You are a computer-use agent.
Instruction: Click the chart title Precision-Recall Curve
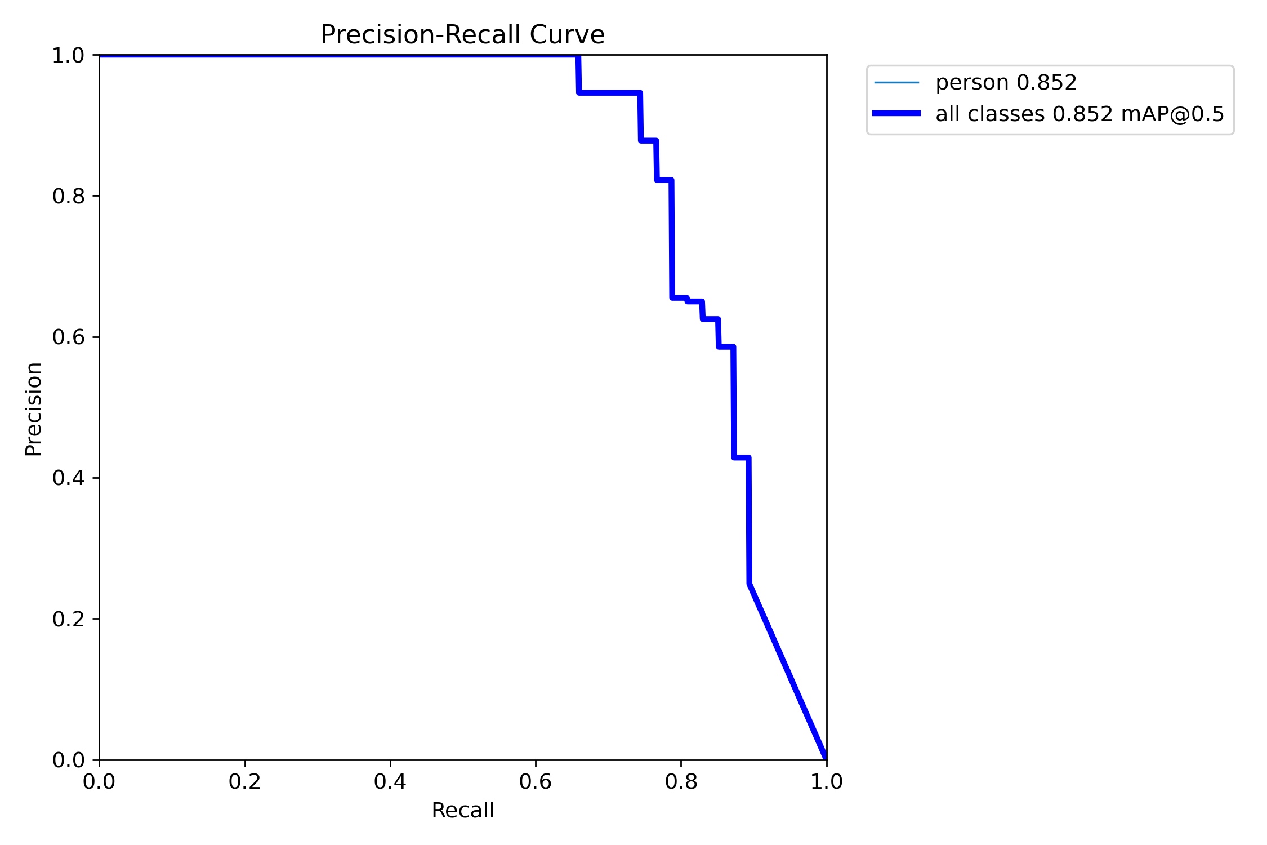coord(462,35)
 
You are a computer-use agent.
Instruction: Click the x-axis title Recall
coord(462,810)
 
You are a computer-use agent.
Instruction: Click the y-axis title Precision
coord(33,409)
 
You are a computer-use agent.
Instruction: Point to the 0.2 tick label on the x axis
coord(244,781)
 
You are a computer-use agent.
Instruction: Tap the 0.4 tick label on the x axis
coord(390,781)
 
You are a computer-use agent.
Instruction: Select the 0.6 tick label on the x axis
coord(536,781)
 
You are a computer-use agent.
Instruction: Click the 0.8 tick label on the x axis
coord(681,781)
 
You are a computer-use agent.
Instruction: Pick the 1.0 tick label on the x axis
coord(826,781)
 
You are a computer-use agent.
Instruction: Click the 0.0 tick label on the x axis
coord(99,781)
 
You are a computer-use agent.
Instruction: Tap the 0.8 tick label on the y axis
coord(68,196)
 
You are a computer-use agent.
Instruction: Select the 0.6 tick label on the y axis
coord(68,337)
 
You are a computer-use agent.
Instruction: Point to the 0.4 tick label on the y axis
coord(68,478)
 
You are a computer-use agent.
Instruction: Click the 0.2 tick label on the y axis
coord(68,619)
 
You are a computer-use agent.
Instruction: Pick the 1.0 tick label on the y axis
coord(68,55)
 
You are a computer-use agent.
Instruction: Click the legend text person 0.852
coord(1006,83)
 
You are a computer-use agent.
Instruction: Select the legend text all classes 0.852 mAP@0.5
coord(1079,114)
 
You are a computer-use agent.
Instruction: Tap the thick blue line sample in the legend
coord(896,114)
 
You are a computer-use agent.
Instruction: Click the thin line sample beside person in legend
coord(896,83)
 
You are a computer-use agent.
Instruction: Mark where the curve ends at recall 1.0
coord(826,758)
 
